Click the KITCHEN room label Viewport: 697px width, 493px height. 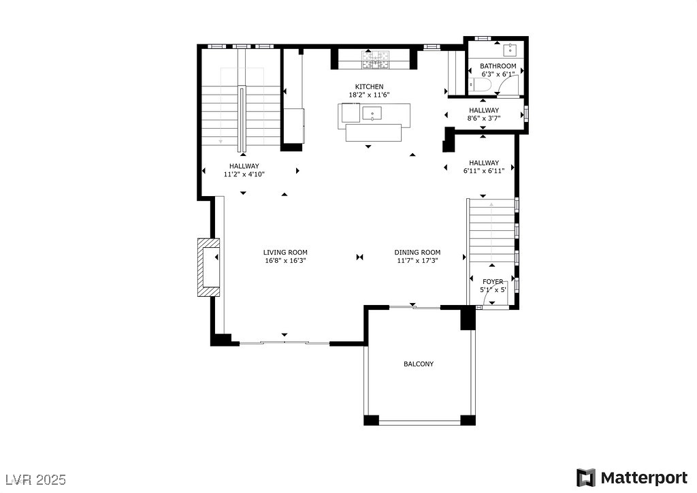click(368, 86)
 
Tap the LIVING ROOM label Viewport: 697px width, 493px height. click(286, 252)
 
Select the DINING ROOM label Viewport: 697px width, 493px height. click(417, 252)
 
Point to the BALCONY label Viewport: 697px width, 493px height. click(419, 364)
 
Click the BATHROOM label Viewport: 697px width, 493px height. click(498, 66)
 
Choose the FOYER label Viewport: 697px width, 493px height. click(493, 281)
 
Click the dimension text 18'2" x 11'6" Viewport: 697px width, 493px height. click(368, 95)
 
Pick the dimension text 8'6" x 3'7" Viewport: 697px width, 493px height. click(483, 118)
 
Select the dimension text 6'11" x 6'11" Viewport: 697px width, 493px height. click(483, 171)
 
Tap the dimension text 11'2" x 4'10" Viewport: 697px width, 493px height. click(244, 174)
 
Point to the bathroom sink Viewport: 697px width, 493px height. click(510, 50)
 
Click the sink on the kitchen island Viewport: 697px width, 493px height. click(372, 113)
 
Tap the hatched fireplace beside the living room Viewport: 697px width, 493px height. click(205, 267)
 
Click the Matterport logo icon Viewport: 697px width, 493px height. click(585, 478)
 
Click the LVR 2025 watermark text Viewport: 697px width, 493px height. click(34, 479)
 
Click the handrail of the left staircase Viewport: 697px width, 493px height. click(242, 119)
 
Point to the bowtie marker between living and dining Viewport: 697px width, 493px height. click(360, 257)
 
